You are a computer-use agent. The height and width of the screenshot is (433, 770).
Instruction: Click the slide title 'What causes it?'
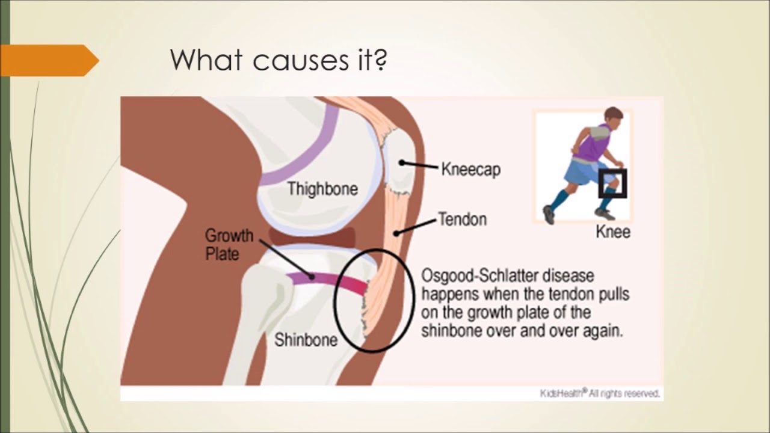point(279,60)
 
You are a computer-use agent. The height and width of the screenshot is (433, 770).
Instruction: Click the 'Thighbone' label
point(322,189)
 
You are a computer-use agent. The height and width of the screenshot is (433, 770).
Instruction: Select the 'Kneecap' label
point(470,169)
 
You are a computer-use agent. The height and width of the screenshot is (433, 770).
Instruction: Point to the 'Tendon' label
point(463,219)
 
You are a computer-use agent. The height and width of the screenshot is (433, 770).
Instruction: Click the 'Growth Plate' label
point(229,245)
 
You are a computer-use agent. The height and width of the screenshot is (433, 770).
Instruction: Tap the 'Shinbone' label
point(306,340)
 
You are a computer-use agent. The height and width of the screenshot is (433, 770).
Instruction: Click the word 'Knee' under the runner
point(613,232)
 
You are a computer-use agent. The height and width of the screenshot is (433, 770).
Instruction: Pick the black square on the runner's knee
point(612,183)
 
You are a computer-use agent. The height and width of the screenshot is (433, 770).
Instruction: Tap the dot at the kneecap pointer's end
point(401,162)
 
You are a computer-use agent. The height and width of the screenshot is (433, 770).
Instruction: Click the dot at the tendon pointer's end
point(396,234)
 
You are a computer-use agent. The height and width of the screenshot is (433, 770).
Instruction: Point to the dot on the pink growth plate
point(312,277)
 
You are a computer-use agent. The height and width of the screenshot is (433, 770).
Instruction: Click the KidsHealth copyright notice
point(600,393)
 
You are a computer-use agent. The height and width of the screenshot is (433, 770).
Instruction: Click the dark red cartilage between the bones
point(312,237)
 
